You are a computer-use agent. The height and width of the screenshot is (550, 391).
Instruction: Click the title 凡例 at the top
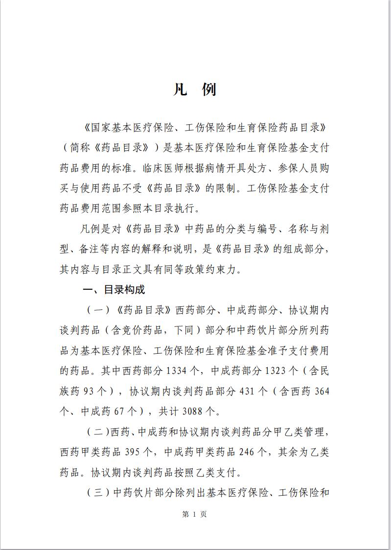(x=195, y=90)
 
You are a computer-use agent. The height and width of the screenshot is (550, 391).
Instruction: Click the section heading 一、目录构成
(x=114, y=290)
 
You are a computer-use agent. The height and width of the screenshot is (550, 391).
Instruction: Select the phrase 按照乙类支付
(x=200, y=472)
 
